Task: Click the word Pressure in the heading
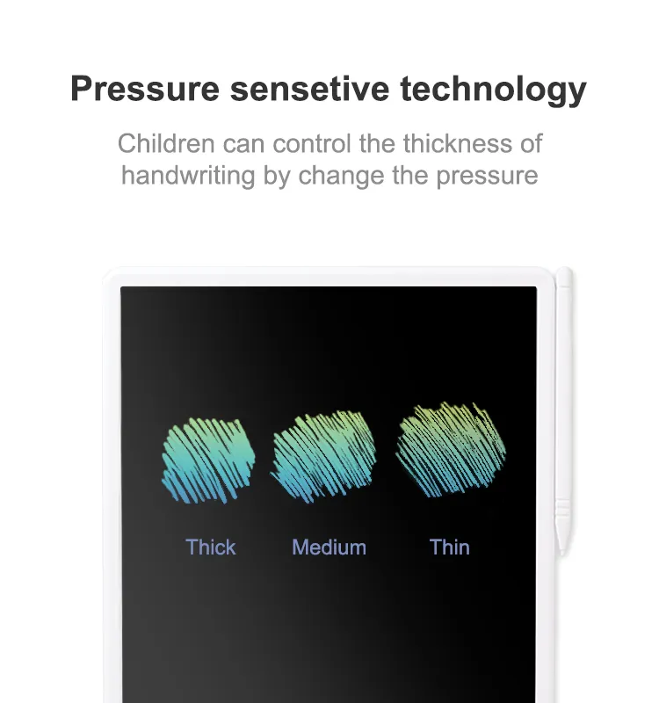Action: tap(145, 89)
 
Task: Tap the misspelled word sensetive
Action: tap(310, 89)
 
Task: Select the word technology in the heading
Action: tap(493, 91)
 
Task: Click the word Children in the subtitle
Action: tap(166, 143)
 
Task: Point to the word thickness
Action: tap(457, 143)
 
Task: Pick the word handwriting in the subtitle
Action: tap(188, 175)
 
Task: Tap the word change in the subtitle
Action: tap(341, 175)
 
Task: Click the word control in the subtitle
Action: tap(312, 143)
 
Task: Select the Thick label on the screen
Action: tap(211, 547)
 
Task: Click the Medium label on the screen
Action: tap(329, 547)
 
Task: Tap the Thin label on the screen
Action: tap(450, 547)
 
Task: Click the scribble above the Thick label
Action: tap(208, 460)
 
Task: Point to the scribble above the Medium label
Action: tap(323, 456)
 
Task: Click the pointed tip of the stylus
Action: tap(562, 555)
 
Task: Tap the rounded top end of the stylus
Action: tap(564, 270)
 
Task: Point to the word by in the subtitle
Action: tap(277, 177)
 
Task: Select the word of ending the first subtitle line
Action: tap(532, 143)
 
